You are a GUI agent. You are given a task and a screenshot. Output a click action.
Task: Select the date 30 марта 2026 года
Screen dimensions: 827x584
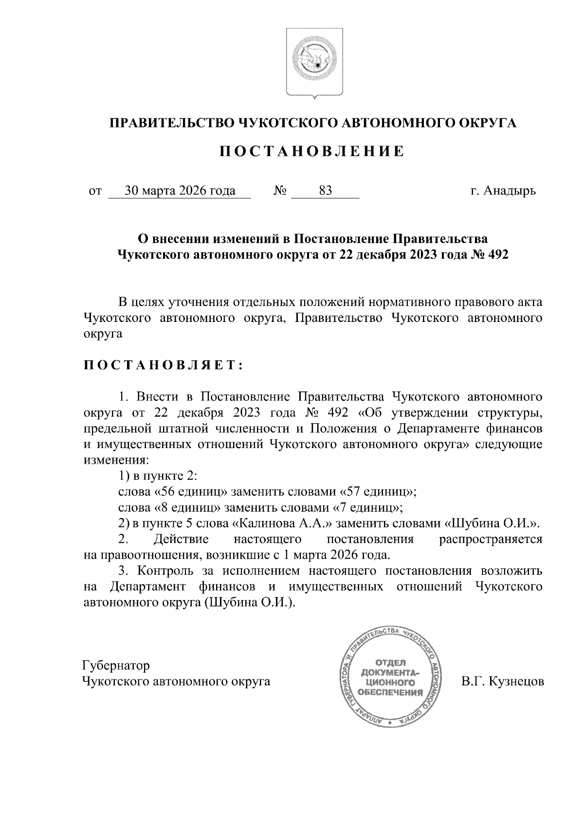[x=180, y=190]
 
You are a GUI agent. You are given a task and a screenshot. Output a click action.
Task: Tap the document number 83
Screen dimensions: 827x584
[x=325, y=190]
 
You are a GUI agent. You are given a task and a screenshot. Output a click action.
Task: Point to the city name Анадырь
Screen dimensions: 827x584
[x=510, y=190]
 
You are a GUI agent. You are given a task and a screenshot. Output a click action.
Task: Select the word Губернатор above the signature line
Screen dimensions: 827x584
[x=116, y=665]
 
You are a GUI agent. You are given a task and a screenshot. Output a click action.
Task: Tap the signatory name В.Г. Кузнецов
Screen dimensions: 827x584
[x=503, y=681]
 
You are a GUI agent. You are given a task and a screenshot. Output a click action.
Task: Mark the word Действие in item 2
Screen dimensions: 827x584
[x=181, y=539]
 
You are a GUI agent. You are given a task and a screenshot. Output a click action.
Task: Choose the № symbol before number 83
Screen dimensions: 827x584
[x=279, y=190]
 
